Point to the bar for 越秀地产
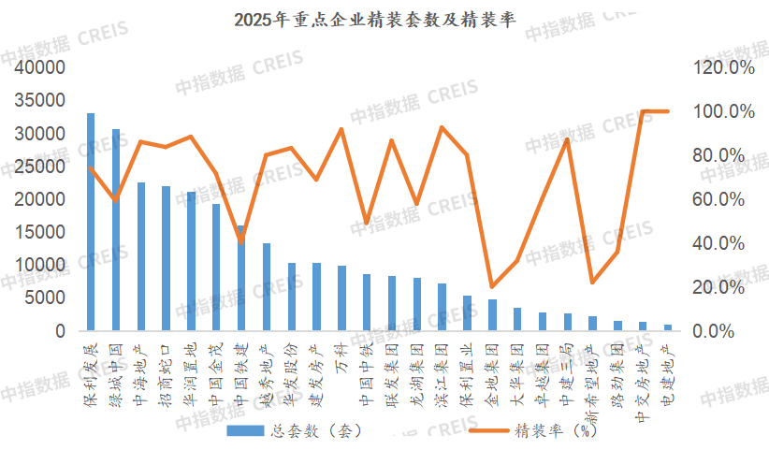tap(266, 286)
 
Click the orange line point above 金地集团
tap(492, 286)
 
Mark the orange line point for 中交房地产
tap(643, 111)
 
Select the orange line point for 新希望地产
tap(592, 282)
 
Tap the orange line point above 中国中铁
tap(367, 224)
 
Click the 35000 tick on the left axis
tap(38, 101)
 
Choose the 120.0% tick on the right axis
tap(723, 68)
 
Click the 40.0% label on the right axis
tap(723, 243)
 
